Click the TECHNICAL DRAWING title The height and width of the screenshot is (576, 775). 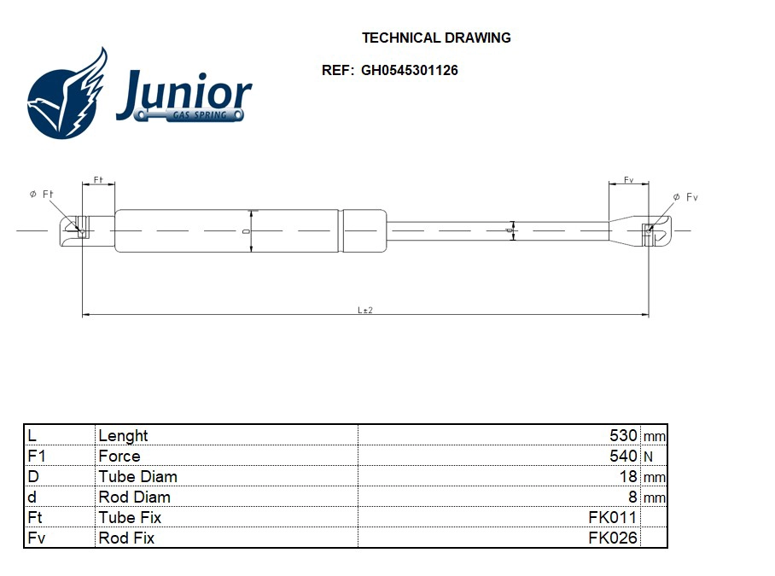click(436, 38)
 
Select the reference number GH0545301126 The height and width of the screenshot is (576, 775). click(409, 70)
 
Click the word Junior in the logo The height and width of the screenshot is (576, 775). click(184, 93)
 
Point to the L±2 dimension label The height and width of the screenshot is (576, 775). click(365, 310)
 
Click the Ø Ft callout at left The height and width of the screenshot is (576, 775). click(42, 195)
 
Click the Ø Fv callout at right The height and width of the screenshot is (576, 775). click(685, 197)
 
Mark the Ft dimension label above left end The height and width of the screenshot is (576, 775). click(98, 180)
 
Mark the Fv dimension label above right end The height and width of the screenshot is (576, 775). click(628, 180)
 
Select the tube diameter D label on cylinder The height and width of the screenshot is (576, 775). click(246, 230)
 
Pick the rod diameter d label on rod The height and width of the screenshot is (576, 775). click(508, 230)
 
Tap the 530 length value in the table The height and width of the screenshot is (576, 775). click(623, 435)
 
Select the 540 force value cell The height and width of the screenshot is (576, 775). click(623, 456)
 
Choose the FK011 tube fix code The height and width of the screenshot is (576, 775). click(612, 517)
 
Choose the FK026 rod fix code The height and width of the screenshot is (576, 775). click(612, 538)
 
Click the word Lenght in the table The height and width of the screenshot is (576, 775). click(123, 435)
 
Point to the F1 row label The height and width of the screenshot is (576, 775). click(36, 456)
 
